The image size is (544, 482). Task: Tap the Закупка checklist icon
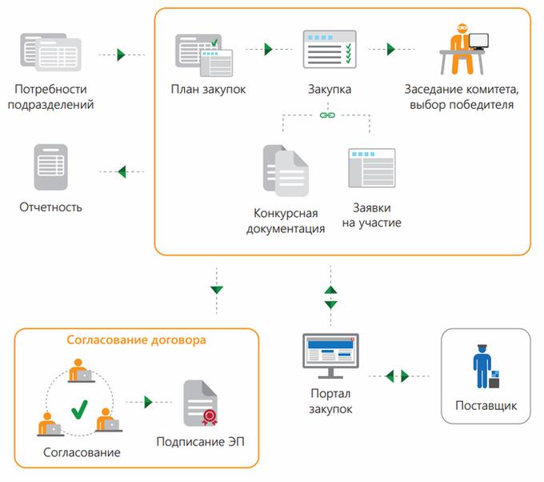coord(329,50)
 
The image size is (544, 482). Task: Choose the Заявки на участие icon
coord(371,168)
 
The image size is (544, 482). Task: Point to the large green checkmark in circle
coord(79,410)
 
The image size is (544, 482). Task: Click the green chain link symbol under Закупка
coord(326,116)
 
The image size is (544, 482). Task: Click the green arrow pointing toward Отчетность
coord(122,171)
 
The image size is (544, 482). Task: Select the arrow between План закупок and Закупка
coord(269,49)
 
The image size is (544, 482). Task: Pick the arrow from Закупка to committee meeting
coord(391,49)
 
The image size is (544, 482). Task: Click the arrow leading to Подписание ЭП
coord(148,403)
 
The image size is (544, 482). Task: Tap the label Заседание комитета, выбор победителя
coord(459,97)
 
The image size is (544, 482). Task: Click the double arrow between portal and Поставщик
coord(398,375)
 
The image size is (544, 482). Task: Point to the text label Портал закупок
coord(330,402)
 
